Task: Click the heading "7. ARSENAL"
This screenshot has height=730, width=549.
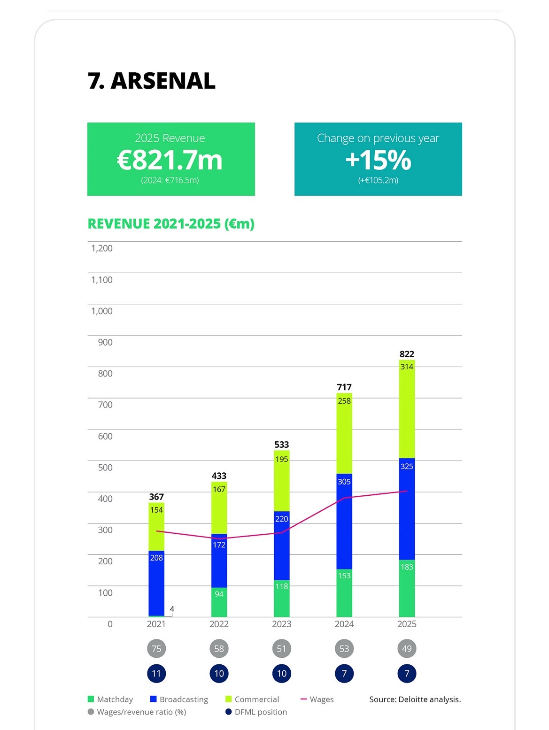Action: pyautogui.click(x=151, y=81)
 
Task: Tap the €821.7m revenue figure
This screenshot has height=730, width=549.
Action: pyautogui.click(x=170, y=160)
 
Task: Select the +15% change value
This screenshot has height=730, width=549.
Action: pyautogui.click(x=378, y=160)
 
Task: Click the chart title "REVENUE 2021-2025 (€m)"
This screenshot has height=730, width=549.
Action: pyautogui.click(x=171, y=224)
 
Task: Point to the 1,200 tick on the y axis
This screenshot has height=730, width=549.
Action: pyautogui.click(x=102, y=248)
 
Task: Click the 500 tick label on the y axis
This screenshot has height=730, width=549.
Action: pyautogui.click(x=105, y=468)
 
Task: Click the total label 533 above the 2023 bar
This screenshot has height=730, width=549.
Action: pyautogui.click(x=282, y=445)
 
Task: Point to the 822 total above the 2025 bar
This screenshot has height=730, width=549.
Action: pyautogui.click(x=407, y=354)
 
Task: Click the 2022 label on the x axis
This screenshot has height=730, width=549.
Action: pyautogui.click(x=219, y=624)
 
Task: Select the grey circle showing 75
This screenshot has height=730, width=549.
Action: pyautogui.click(x=156, y=649)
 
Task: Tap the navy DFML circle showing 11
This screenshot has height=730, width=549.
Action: pyautogui.click(x=156, y=674)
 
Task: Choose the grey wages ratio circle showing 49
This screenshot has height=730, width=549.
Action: pyautogui.click(x=407, y=649)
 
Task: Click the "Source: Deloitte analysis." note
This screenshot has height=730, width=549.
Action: pyautogui.click(x=415, y=699)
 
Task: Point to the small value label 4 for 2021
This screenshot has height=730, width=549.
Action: pyautogui.click(x=172, y=609)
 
